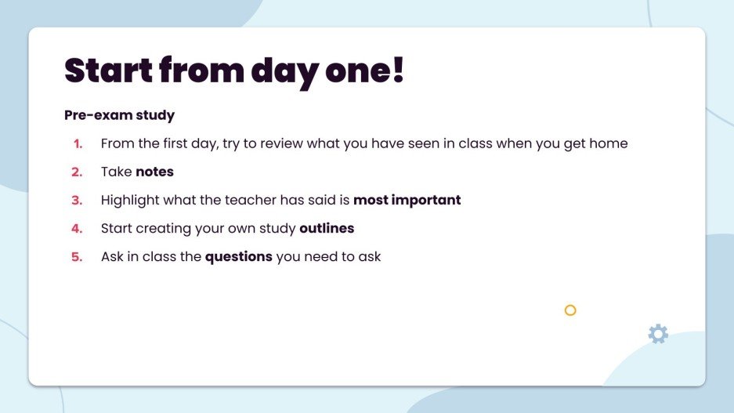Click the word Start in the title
[107, 70]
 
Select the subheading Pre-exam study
[119, 115]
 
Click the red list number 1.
[78, 144]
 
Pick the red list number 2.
[77, 172]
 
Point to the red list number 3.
[77, 201]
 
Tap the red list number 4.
[77, 229]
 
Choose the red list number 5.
[77, 257]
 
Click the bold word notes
[154, 172]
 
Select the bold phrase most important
[407, 200]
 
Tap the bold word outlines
[327, 229]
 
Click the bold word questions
[239, 257]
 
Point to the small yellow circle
[570, 310]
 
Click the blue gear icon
[658, 334]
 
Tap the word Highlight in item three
[130, 200]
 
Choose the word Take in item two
[116, 172]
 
